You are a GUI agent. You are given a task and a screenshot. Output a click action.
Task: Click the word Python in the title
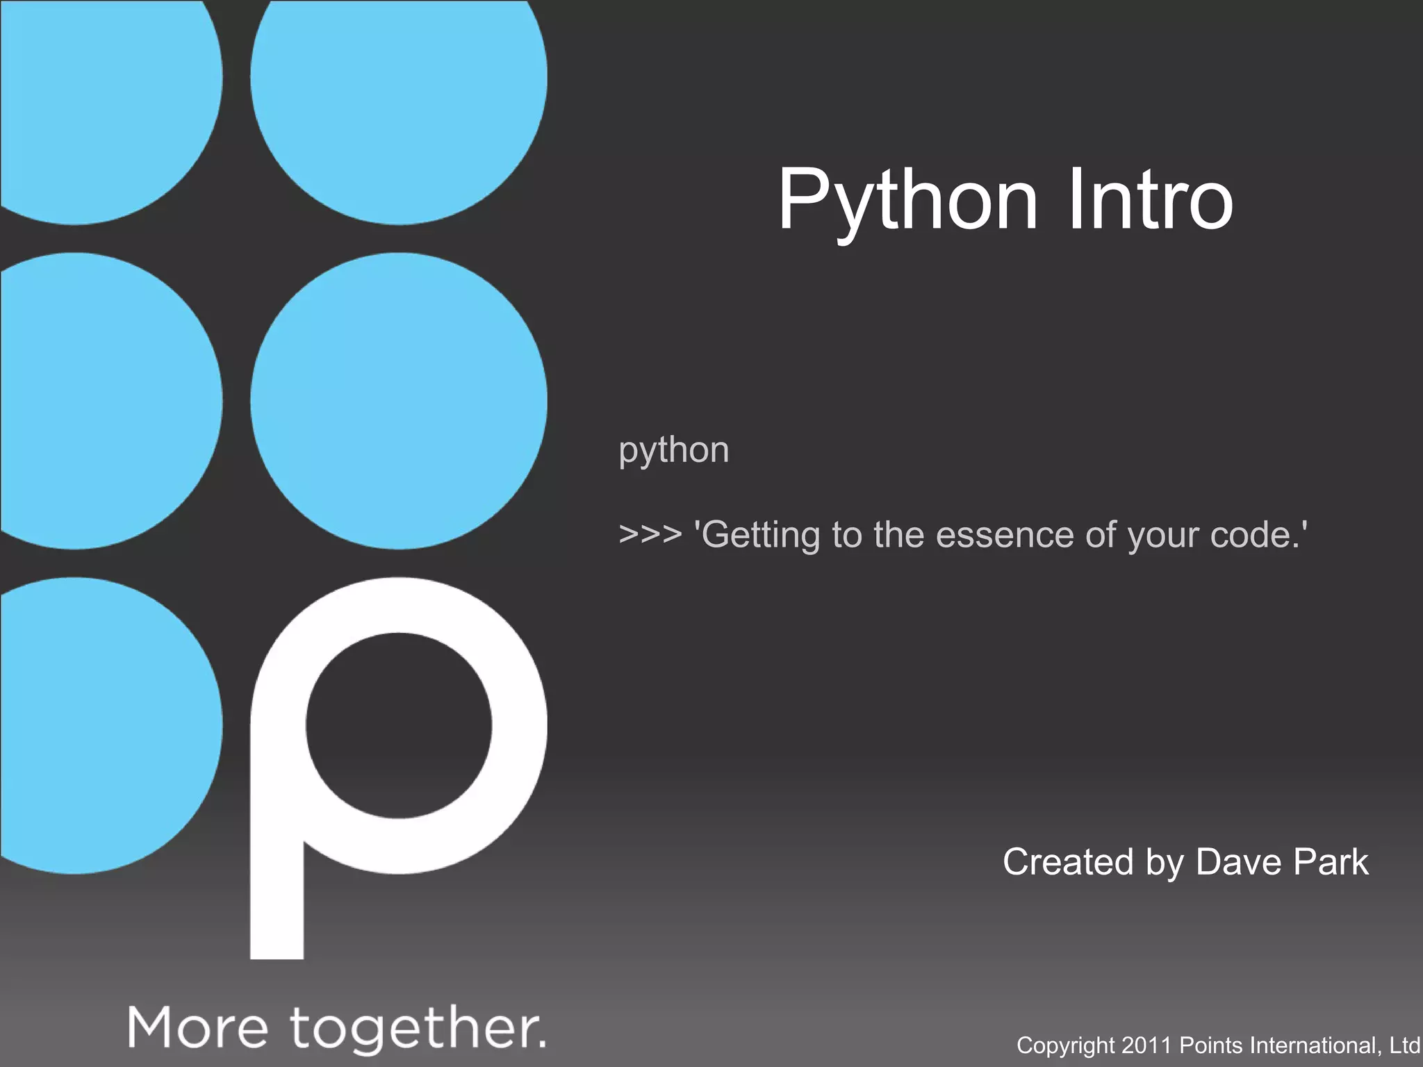(907, 200)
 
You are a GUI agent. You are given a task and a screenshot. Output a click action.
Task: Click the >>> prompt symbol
(650, 535)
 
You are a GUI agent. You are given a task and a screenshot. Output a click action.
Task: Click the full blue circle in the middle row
(399, 401)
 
